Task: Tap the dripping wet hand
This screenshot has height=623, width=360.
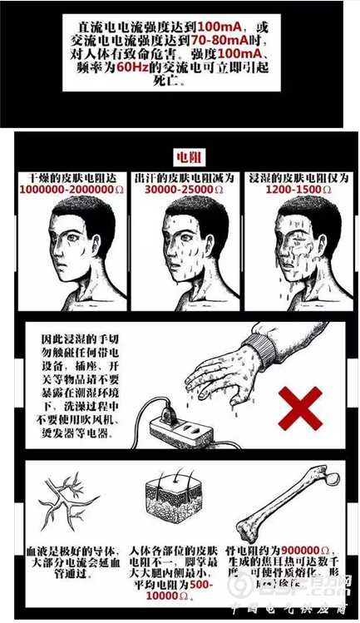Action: click(220, 374)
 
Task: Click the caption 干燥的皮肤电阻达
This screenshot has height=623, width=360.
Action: click(68, 177)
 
